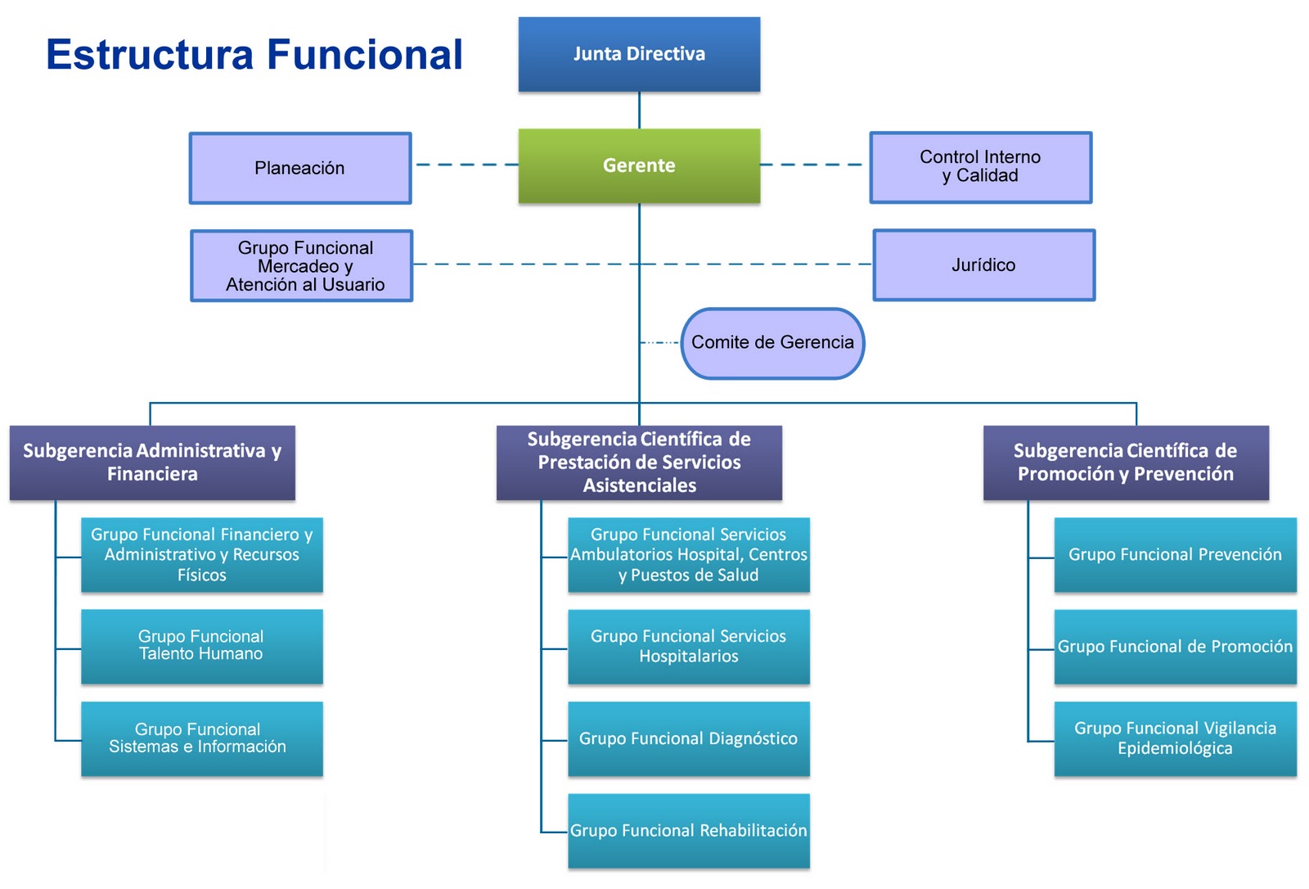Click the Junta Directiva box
(x=639, y=54)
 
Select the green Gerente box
(x=639, y=165)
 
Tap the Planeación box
(x=300, y=168)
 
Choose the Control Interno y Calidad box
(x=980, y=167)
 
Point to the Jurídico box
(x=983, y=265)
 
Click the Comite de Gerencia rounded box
(x=772, y=343)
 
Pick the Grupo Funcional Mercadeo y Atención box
(x=302, y=266)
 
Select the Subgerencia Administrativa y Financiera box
(x=152, y=463)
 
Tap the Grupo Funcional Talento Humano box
(x=201, y=646)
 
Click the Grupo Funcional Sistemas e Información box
(x=201, y=738)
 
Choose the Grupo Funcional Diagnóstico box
(x=688, y=738)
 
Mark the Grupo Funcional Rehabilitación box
(x=688, y=830)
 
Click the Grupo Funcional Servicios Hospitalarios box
(x=688, y=647)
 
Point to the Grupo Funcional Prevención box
(x=1175, y=554)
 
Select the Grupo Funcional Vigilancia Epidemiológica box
(x=1175, y=738)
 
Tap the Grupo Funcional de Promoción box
(x=1175, y=647)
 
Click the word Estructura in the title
(x=150, y=55)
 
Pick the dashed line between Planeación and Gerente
(x=466, y=165)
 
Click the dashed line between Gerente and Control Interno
(x=813, y=165)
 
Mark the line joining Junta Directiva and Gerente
(x=639, y=110)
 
